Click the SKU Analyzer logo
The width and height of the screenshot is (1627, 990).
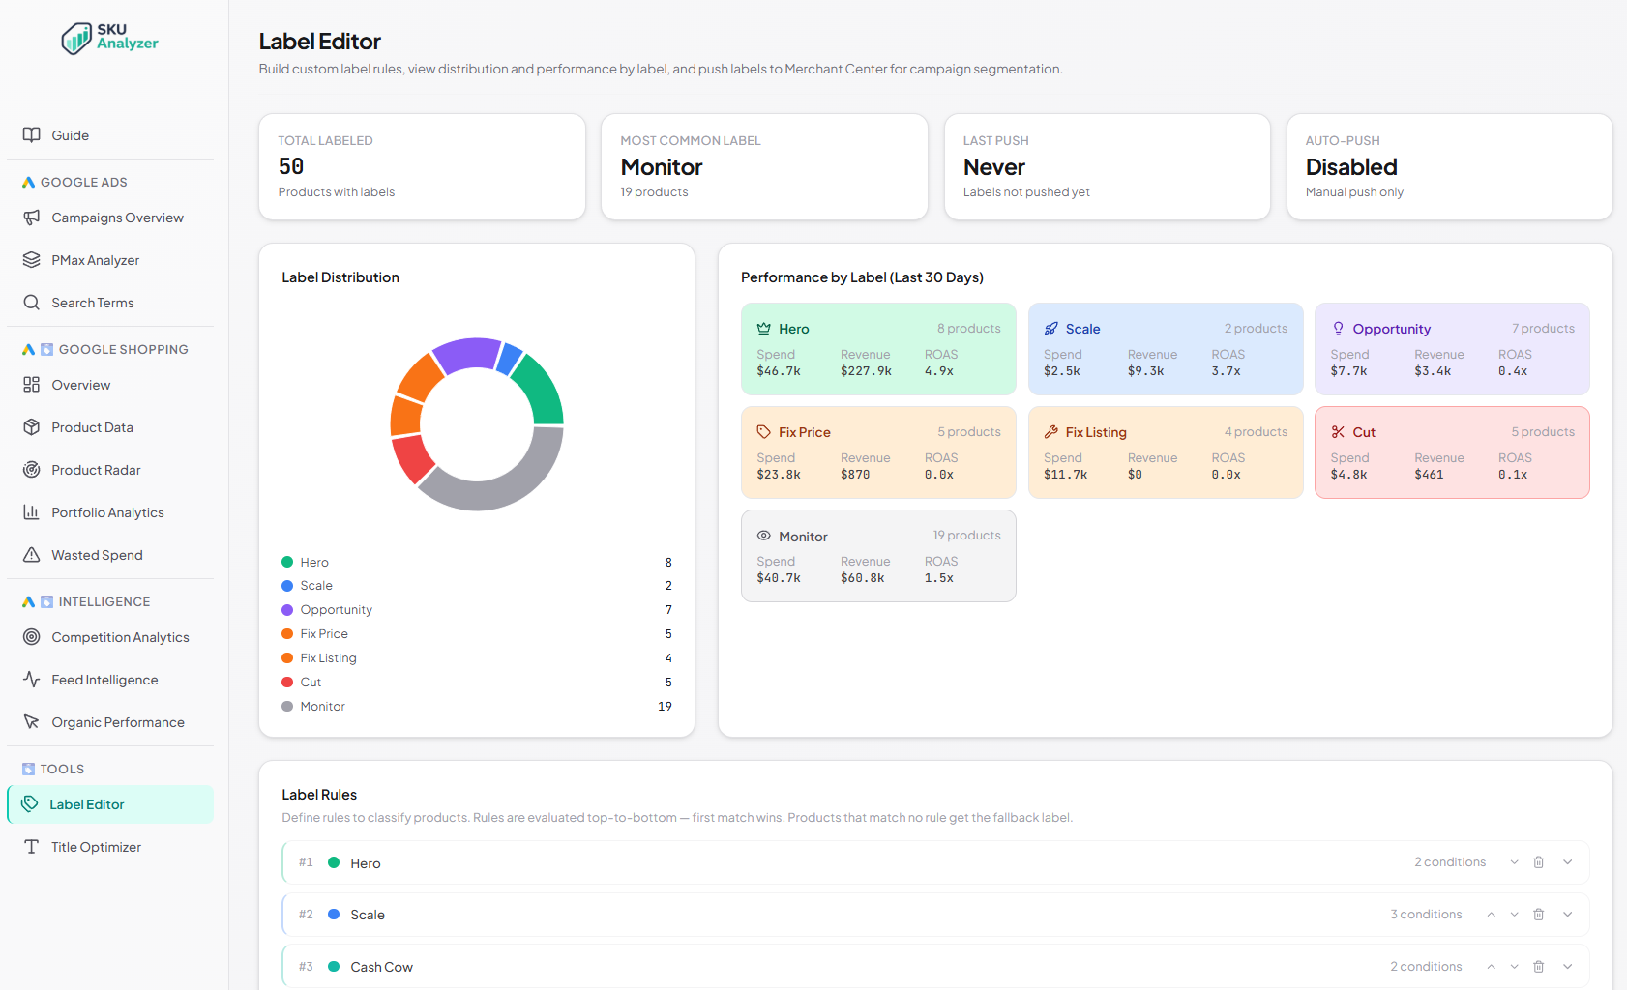pos(109,38)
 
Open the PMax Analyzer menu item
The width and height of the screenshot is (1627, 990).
pos(95,260)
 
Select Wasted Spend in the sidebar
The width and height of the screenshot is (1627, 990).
pos(97,555)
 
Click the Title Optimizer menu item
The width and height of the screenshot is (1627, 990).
pos(96,847)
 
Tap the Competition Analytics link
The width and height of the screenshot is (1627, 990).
pos(120,637)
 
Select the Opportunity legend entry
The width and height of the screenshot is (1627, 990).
pos(336,610)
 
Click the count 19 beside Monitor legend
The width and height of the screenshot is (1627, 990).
pos(665,707)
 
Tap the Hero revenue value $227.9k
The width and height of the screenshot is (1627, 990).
pos(866,371)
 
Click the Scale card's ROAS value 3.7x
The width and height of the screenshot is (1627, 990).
pos(1226,371)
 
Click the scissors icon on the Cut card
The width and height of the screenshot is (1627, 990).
pos(1338,432)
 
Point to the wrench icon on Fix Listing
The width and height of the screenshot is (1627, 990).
pos(1050,432)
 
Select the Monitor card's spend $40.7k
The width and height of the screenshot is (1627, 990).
pos(778,578)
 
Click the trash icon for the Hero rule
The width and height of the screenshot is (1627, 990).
pos(1538,862)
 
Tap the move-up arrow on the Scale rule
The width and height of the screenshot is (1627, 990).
pos(1491,915)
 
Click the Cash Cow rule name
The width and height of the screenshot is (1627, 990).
pos(381,967)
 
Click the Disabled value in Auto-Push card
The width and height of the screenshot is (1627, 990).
pos(1350,167)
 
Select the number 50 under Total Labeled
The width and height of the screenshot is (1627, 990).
pos(291,167)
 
